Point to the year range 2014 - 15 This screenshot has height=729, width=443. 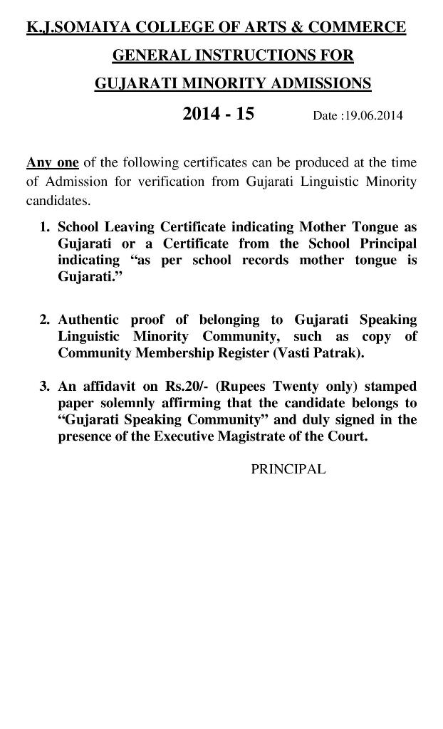coord(218,114)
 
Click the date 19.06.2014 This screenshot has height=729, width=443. coord(372,116)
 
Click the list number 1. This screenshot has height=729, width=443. coord(44,228)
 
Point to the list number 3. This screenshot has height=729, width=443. coord(44,387)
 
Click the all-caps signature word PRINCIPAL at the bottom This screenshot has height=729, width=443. coord(288,470)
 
